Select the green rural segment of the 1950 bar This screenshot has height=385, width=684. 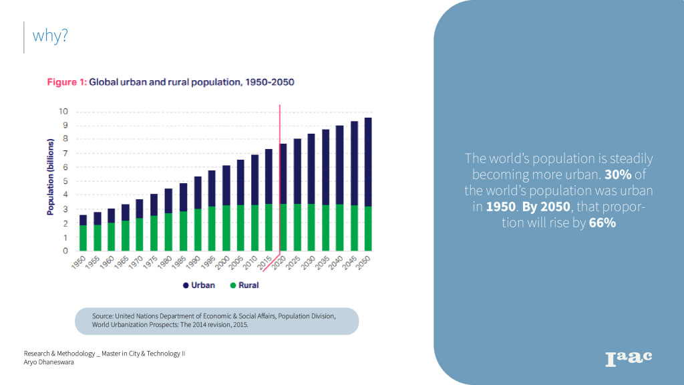83,238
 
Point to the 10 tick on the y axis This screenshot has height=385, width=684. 64,111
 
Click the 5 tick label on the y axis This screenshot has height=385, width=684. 65,181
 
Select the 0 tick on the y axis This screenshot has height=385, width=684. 65,251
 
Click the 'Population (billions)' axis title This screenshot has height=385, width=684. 50,177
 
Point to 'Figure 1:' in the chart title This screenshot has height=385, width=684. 66,82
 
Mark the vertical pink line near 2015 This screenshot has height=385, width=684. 279,174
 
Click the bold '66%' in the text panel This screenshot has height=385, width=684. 603,223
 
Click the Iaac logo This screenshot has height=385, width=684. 628,358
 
